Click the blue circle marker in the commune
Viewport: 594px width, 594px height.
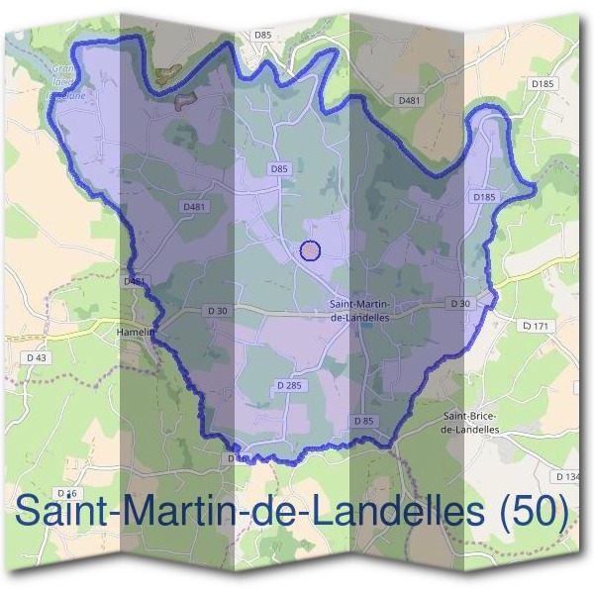pyautogui.click(x=310, y=250)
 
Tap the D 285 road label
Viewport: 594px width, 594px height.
pyautogui.click(x=289, y=384)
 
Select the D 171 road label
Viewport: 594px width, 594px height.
pyautogui.click(x=535, y=325)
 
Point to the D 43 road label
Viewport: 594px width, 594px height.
pyautogui.click(x=37, y=356)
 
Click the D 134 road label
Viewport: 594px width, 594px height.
pyautogui.click(x=569, y=477)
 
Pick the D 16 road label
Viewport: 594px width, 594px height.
pyautogui.click(x=67, y=493)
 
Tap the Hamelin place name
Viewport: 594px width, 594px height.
pyautogui.click(x=136, y=333)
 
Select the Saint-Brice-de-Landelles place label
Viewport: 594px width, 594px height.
pyautogui.click(x=472, y=423)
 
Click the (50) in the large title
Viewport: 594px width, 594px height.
pyautogui.click(x=535, y=513)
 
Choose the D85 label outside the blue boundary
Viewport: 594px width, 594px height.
pyautogui.click(x=262, y=35)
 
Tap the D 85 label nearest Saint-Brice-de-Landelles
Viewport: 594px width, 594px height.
pyautogui.click(x=364, y=421)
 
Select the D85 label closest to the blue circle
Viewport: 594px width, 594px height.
pyautogui.click(x=279, y=169)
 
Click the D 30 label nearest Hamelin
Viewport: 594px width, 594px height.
pyautogui.click(x=218, y=311)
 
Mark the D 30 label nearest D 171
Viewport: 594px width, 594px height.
pyautogui.click(x=458, y=303)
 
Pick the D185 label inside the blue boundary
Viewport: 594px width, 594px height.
pyautogui.click(x=482, y=198)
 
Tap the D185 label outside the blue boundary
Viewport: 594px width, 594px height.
pyautogui.click(x=542, y=84)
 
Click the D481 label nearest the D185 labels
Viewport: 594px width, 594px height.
pyautogui.click(x=409, y=100)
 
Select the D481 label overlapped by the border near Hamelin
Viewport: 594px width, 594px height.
pyautogui.click(x=135, y=281)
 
